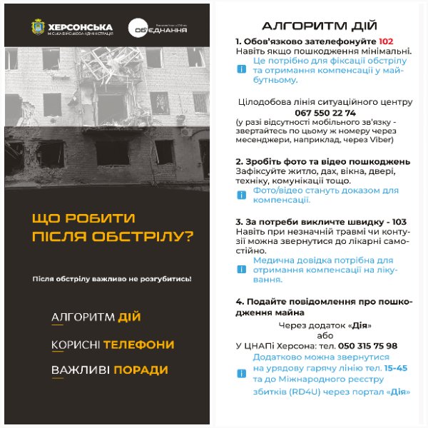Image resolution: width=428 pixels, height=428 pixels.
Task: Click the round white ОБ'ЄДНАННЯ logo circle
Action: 138,29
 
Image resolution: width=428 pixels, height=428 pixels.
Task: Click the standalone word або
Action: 325,335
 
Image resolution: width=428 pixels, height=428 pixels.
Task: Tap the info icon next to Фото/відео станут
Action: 240,195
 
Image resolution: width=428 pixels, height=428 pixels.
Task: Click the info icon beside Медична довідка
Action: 240,270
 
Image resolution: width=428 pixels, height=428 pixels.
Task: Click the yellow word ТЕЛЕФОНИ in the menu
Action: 138,345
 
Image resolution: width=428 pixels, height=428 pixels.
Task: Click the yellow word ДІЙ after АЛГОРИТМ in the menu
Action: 131,317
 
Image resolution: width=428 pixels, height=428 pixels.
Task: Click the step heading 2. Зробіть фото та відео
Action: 322,162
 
